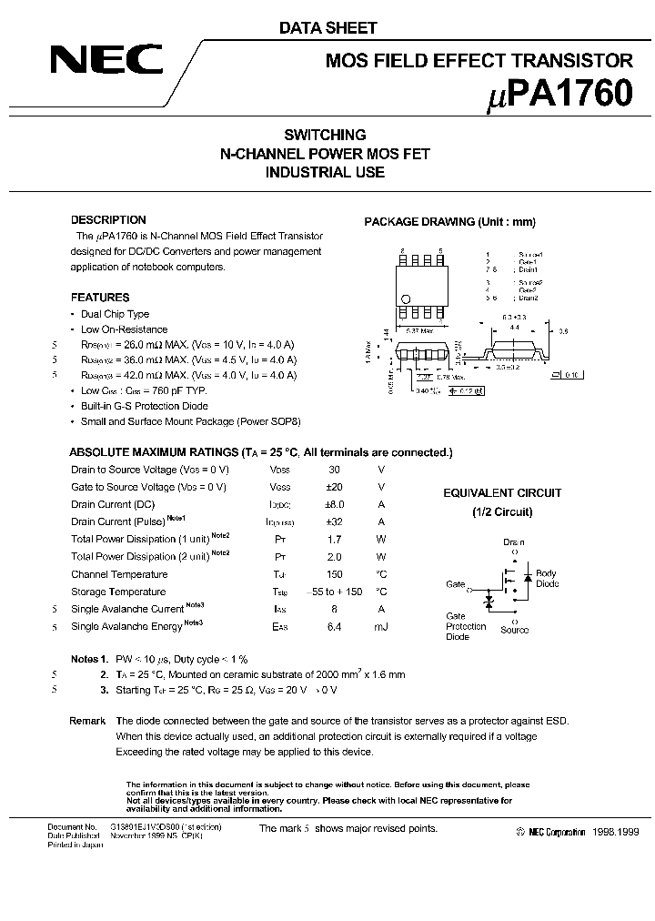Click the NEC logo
[106, 61]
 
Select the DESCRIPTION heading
[108, 220]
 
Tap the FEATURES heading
[100, 298]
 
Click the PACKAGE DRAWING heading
[449, 222]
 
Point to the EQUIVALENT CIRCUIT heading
[502, 493]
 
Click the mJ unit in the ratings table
[381, 626]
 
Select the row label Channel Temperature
[119, 574]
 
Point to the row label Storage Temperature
[118, 592]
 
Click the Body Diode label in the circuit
[547, 579]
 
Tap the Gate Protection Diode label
[466, 626]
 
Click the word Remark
[87, 721]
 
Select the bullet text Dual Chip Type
[115, 314]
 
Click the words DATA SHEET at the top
[327, 28]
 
